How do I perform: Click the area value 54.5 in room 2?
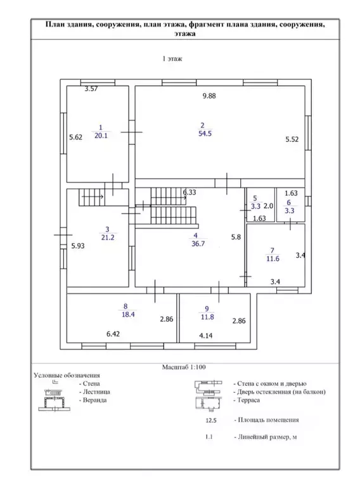pyautogui.click(x=205, y=134)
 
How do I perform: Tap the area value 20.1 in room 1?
pyautogui.click(x=101, y=136)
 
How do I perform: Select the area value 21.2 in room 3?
pyautogui.click(x=108, y=238)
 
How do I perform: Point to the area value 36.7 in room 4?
pyautogui.click(x=198, y=243)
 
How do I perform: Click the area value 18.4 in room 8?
pyautogui.click(x=128, y=314)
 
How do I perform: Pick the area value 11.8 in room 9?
pyautogui.click(x=207, y=317)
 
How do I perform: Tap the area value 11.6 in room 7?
pyautogui.click(x=273, y=259)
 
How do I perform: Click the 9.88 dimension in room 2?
pyautogui.click(x=209, y=96)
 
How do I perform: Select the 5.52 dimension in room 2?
pyautogui.click(x=292, y=139)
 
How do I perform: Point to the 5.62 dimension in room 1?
pyautogui.click(x=75, y=137)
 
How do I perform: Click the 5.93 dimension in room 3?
pyautogui.click(x=78, y=246)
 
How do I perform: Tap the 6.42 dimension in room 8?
pyautogui.click(x=113, y=334)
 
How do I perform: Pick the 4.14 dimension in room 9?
pyautogui.click(x=206, y=335)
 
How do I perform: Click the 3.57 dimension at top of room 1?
pyautogui.click(x=91, y=89)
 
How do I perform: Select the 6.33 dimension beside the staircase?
pyautogui.click(x=190, y=192)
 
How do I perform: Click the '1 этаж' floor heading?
pyautogui.click(x=172, y=58)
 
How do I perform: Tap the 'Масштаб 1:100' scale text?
pyautogui.click(x=184, y=368)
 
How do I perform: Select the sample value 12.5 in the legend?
pyautogui.click(x=211, y=421)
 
